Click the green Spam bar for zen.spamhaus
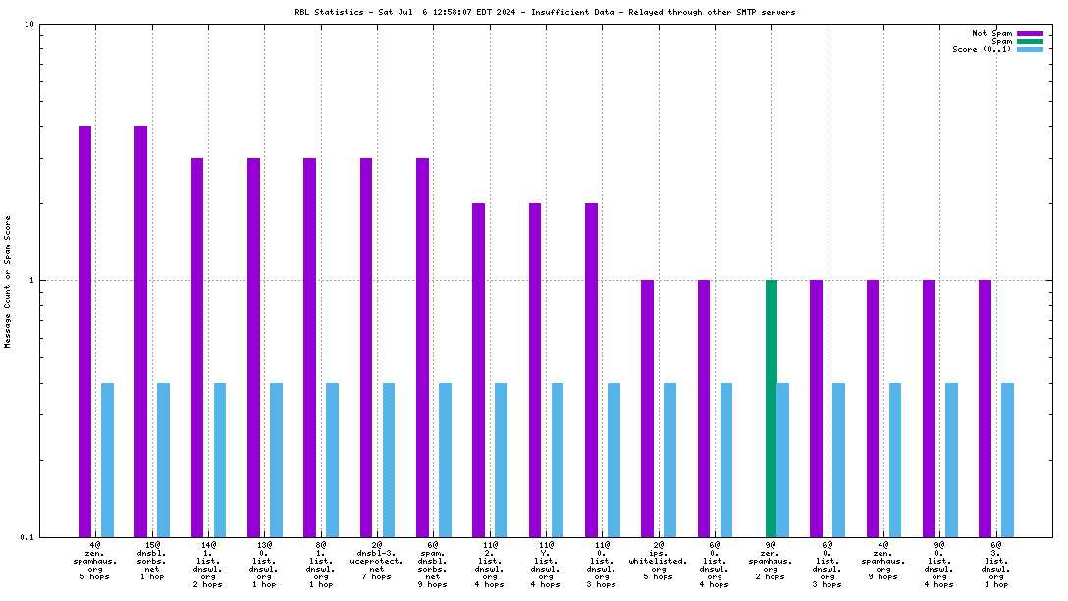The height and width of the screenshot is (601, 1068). (772, 408)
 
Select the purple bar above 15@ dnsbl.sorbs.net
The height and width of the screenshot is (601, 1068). (141, 330)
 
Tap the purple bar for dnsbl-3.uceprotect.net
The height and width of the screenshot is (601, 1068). (366, 347)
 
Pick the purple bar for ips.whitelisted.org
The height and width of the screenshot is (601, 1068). (647, 408)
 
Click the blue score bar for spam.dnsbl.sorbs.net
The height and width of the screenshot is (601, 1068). (446, 460)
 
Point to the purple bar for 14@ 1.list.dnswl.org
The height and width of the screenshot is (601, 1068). (197, 347)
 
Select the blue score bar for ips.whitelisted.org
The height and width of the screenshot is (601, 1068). (669, 460)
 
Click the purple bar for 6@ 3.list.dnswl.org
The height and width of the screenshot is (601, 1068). (985, 408)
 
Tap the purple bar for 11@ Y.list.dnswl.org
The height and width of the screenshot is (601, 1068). (535, 369)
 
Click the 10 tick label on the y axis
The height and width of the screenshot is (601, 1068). (29, 25)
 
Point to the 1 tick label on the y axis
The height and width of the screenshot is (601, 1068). (32, 281)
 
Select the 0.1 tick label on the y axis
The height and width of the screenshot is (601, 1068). (27, 537)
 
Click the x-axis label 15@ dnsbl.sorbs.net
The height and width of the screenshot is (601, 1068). (152, 560)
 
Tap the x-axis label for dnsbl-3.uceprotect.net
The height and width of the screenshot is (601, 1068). (377, 560)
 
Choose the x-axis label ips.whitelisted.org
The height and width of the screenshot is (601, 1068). (658, 560)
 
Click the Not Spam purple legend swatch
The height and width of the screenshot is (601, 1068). (1030, 33)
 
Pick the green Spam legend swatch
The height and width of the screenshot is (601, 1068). (1030, 41)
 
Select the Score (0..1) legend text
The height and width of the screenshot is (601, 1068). (982, 49)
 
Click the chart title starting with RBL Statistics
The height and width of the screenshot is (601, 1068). (545, 12)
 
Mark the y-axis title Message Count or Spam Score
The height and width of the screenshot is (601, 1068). (9, 281)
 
